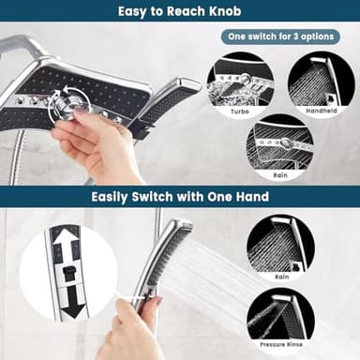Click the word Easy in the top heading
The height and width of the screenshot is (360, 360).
click(135, 11)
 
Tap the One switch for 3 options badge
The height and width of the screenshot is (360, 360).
click(280, 36)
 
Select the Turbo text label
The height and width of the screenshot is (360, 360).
click(240, 111)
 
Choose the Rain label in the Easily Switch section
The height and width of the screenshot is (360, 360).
click(281, 277)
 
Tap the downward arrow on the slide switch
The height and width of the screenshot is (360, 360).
click(67, 306)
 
